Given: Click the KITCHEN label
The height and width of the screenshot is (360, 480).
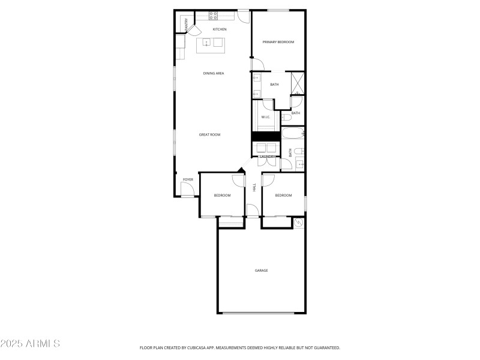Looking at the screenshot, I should pos(220,29).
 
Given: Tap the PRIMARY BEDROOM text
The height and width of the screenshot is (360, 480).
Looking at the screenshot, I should pos(278,42).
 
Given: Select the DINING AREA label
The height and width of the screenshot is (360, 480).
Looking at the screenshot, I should pos(214,73).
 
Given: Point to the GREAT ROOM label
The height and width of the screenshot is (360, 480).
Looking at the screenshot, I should pos(209,134).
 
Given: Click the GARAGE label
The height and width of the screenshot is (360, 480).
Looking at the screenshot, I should pos(261,271).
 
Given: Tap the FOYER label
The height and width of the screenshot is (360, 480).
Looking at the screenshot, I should pos(188,179).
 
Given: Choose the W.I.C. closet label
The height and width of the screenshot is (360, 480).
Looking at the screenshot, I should pos(266,117).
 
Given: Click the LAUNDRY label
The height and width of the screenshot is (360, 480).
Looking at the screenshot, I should pos(267,157).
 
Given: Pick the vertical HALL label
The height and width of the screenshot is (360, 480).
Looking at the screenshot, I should pos(254,188).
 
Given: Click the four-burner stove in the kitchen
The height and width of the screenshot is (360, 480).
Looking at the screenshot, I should pos(213,14).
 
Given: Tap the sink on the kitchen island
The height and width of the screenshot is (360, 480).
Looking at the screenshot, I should pos(206,43).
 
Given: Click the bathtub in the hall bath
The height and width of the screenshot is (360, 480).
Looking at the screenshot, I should pos(292,133).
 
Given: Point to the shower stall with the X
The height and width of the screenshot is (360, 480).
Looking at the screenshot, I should pos(297,84).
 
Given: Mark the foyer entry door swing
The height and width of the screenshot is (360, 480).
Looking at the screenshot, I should pos(187,190).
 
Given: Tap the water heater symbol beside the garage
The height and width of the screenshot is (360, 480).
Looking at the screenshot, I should pos(299,223).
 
